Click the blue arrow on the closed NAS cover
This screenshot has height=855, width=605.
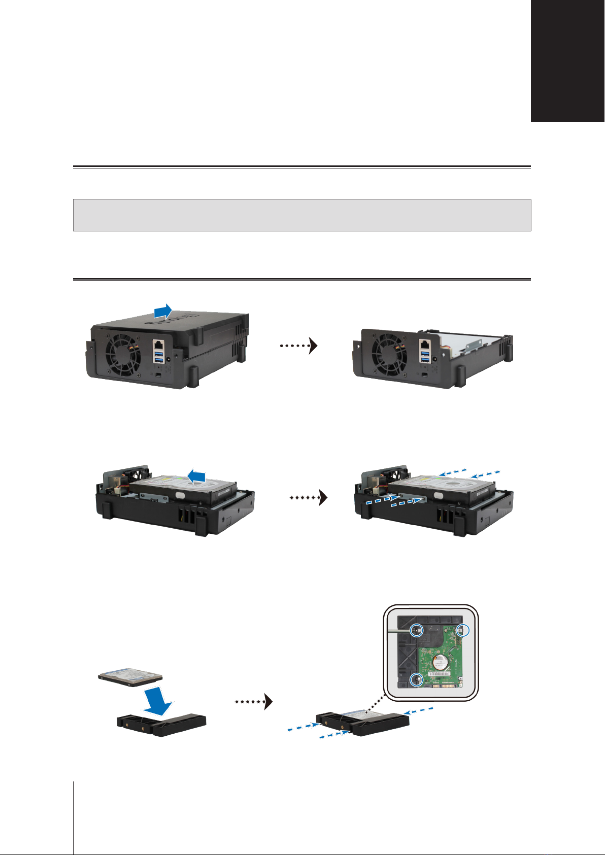tap(163, 312)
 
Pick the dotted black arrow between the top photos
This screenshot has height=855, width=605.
tap(299, 346)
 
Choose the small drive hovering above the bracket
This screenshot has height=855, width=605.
tap(130, 677)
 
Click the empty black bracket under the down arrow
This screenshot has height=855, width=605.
tap(161, 725)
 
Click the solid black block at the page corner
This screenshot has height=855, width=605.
tap(568, 60)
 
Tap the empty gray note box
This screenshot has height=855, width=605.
tap(302, 215)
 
